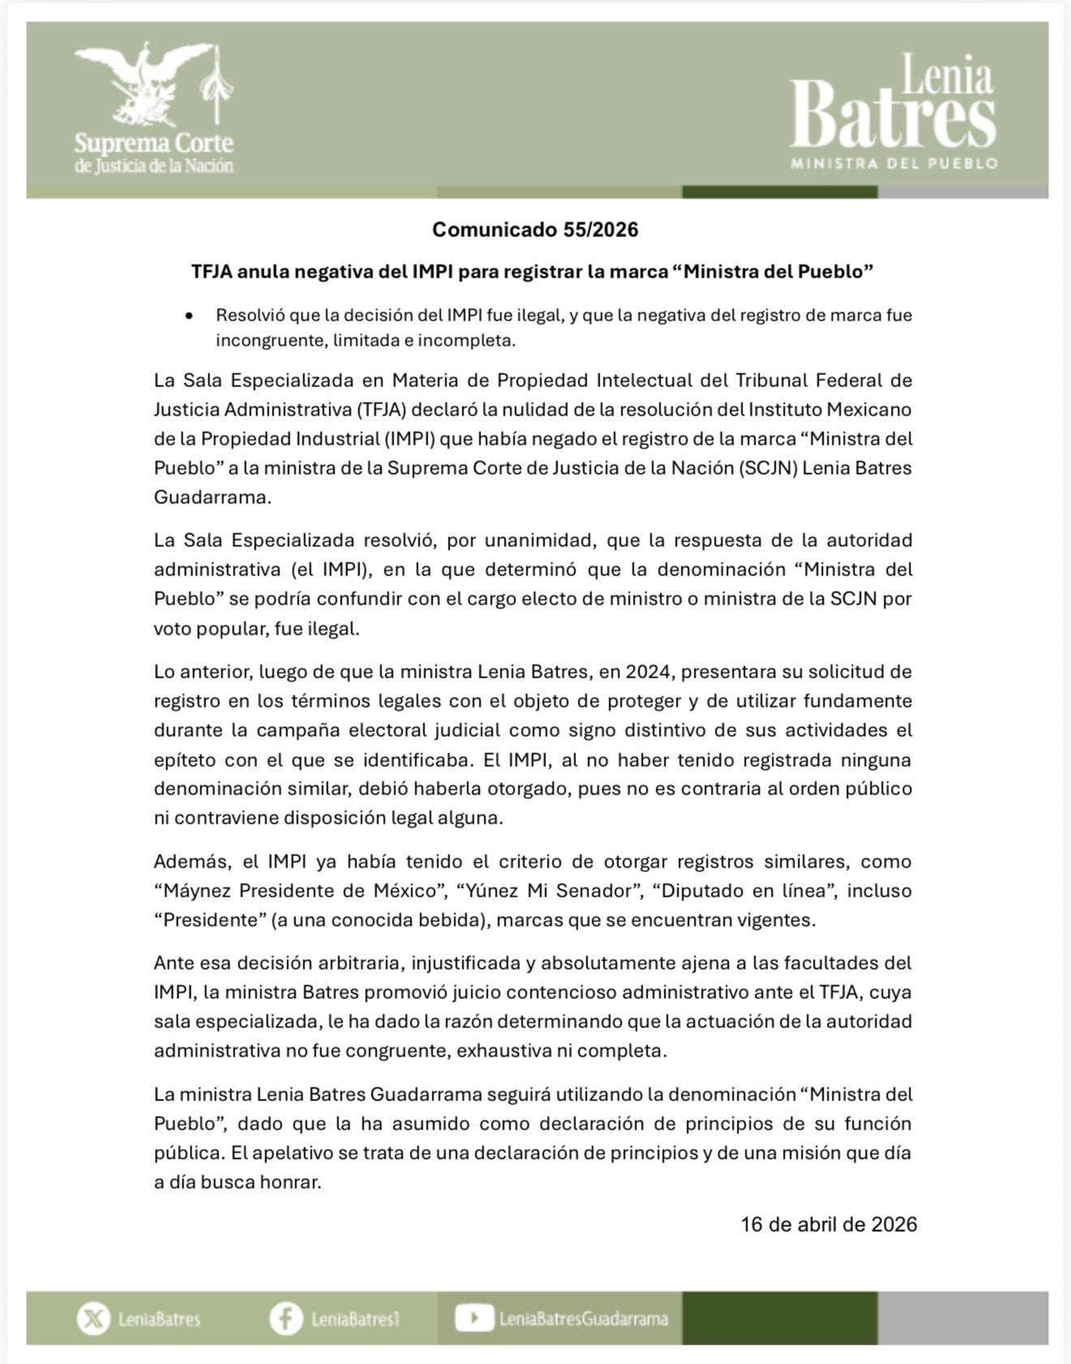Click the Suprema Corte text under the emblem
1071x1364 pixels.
click(153, 144)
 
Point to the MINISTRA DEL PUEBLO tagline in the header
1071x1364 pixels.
click(894, 164)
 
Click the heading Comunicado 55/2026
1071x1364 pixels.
click(535, 230)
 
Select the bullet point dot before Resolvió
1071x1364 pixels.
click(189, 316)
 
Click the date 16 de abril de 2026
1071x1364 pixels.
click(828, 1224)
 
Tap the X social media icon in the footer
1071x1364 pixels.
click(93, 1319)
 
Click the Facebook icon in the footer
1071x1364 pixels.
click(286, 1319)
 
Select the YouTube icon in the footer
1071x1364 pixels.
click(474, 1318)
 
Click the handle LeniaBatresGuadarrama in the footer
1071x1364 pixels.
click(583, 1319)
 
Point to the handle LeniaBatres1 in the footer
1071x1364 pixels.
click(355, 1319)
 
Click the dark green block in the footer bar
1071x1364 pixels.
click(779, 1319)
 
